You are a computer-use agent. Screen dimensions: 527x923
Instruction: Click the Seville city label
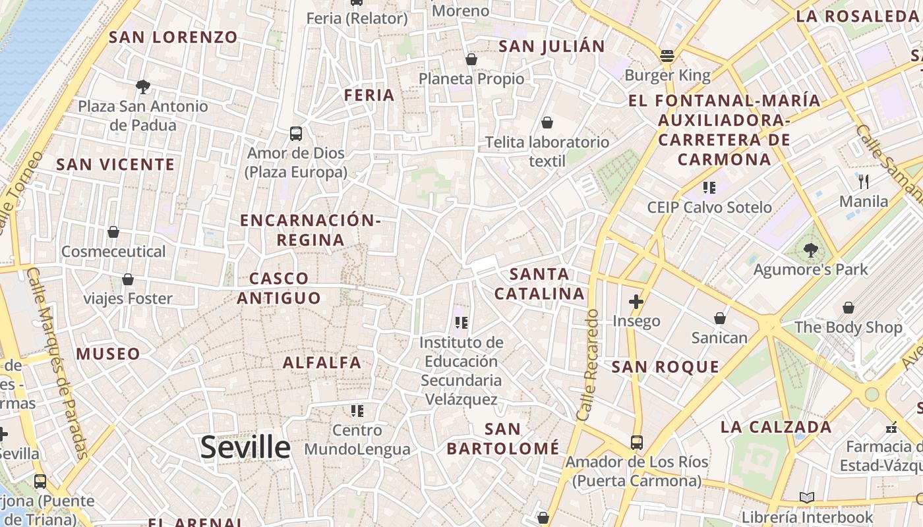pos(245,448)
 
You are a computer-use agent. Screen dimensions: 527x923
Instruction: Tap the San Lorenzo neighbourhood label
pos(173,37)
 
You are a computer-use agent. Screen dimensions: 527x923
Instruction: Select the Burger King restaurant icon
pos(667,56)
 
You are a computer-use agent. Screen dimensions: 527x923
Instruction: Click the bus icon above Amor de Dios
pos(296,134)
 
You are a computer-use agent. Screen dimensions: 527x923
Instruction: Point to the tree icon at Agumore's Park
pos(810,250)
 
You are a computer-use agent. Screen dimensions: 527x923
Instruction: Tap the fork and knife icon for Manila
pos(864,181)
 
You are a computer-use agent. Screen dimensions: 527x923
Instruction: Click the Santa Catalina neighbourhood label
pos(539,284)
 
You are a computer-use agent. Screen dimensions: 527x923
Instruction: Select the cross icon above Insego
pos(636,302)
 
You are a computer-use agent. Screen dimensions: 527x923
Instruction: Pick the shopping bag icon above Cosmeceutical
pos(113,232)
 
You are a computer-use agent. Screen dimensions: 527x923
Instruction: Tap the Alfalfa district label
pos(322,362)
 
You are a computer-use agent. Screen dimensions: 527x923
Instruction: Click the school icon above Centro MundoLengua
pos(357,411)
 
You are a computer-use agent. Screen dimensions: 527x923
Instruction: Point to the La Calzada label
pos(776,427)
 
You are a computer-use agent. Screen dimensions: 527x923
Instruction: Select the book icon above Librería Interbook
pos(806,498)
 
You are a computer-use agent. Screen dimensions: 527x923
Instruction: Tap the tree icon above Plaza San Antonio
pos(142,86)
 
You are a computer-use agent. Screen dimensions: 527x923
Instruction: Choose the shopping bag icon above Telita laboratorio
pos(547,123)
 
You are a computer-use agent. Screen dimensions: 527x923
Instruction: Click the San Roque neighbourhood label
pos(665,367)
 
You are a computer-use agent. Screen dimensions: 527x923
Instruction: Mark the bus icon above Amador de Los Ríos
pos(636,442)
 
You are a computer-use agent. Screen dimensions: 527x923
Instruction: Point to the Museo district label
pos(108,354)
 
